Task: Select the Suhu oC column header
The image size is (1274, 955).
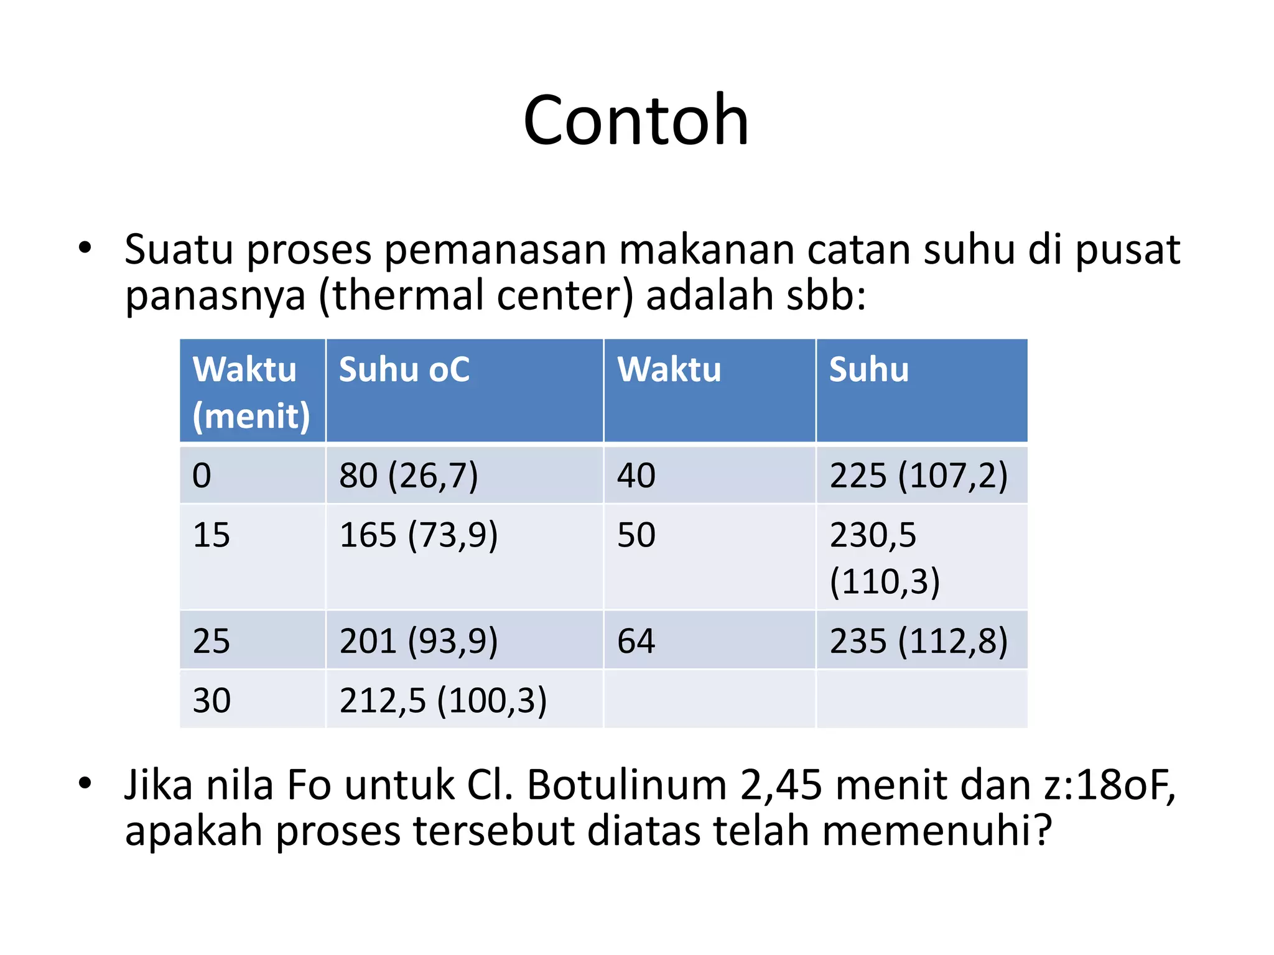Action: pyautogui.click(x=404, y=370)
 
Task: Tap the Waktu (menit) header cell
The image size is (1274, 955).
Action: pyautogui.click(x=251, y=392)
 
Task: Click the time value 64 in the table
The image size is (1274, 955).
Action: pyautogui.click(x=636, y=641)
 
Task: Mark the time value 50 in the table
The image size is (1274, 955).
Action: pyautogui.click(x=636, y=535)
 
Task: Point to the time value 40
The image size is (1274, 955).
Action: pyautogui.click(x=636, y=476)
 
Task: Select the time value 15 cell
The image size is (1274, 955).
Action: pyautogui.click(x=212, y=535)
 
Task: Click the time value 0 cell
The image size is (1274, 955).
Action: pyautogui.click(x=202, y=476)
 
